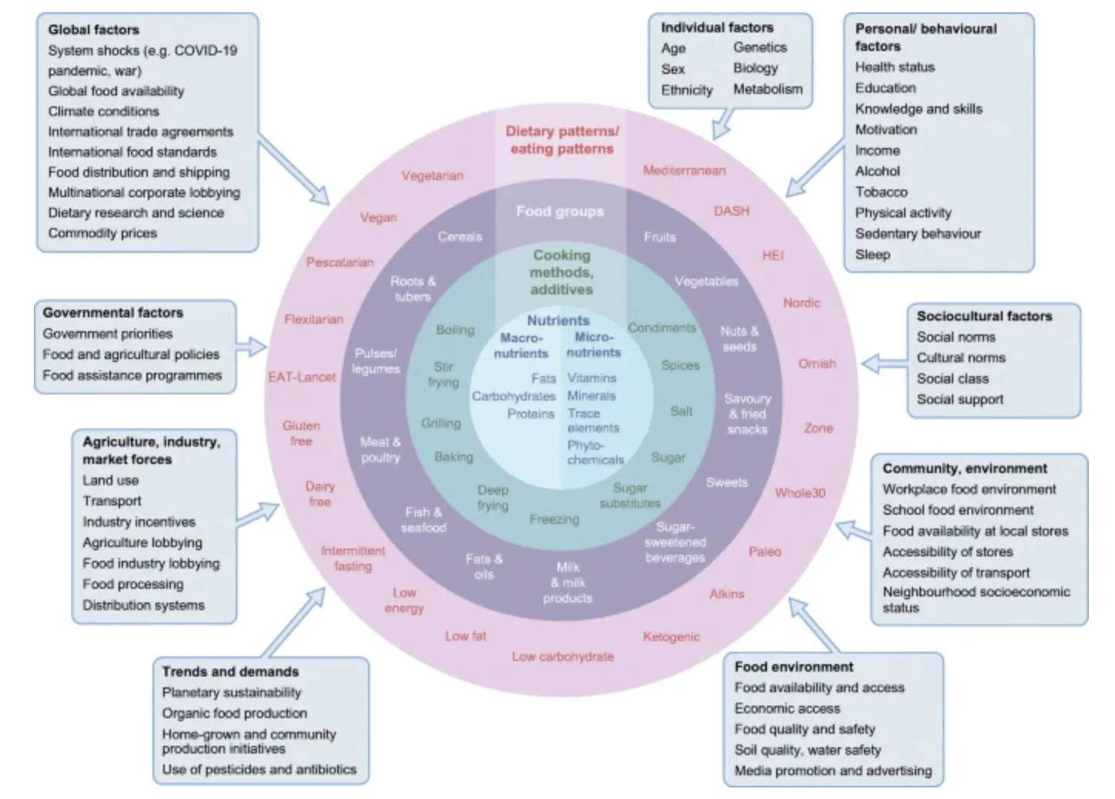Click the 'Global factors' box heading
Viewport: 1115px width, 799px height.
point(93,30)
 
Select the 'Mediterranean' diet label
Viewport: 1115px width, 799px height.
point(684,170)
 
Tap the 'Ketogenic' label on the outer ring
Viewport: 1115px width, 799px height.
point(671,636)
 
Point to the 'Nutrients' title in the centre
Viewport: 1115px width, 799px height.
point(557,321)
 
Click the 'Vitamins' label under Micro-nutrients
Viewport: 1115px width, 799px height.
point(591,378)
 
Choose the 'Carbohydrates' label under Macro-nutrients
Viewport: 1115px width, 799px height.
point(514,396)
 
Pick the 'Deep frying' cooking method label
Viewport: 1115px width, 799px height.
point(493,498)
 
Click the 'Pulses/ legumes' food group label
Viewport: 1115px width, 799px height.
point(376,361)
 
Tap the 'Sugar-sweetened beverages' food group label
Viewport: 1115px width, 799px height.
point(675,542)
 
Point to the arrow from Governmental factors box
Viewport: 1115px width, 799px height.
point(250,346)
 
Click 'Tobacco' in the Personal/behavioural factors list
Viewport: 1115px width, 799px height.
point(881,192)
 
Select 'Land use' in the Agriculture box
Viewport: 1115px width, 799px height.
point(110,480)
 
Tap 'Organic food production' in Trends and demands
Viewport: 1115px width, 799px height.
point(234,713)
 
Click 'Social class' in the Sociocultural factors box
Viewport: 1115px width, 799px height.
point(953,378)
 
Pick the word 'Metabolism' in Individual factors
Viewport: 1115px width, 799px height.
point(767,89)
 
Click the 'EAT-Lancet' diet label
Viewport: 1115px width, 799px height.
point(301,378)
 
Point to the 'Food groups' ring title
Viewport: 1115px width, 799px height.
point(560,211)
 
